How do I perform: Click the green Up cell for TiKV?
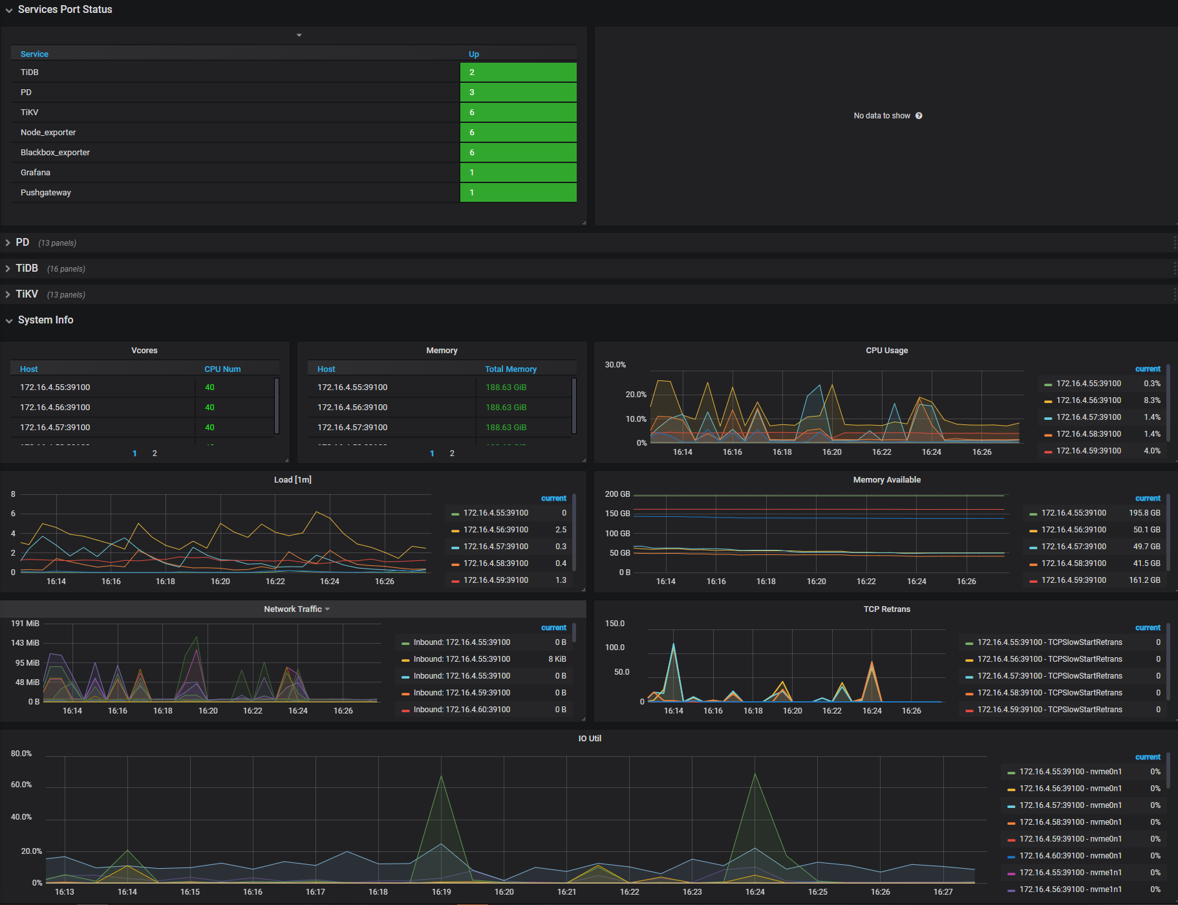point(518,113)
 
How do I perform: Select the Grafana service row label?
point(36,173)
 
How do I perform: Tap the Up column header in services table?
point(474,54)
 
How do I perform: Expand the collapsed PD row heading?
point(23,243)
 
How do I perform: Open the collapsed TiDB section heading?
point(27,268)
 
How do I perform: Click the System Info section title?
point(45,320)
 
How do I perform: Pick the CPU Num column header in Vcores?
point(222,369)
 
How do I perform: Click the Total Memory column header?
point(511,369)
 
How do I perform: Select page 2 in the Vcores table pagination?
point(155,453)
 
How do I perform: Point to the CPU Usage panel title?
point(886,351)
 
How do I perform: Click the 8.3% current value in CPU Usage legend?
point(1151,400)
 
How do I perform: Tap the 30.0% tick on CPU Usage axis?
point(616,365)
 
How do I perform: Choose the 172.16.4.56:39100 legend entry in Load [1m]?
point(496,530)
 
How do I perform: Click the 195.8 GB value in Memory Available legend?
point(1144,513)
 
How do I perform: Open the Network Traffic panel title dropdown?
point(297,609)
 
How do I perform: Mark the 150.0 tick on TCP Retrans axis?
point(615,624)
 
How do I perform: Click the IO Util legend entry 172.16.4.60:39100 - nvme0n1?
point(1070,856)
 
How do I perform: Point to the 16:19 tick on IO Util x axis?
point(442,892)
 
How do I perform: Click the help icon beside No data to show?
point(919,116)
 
